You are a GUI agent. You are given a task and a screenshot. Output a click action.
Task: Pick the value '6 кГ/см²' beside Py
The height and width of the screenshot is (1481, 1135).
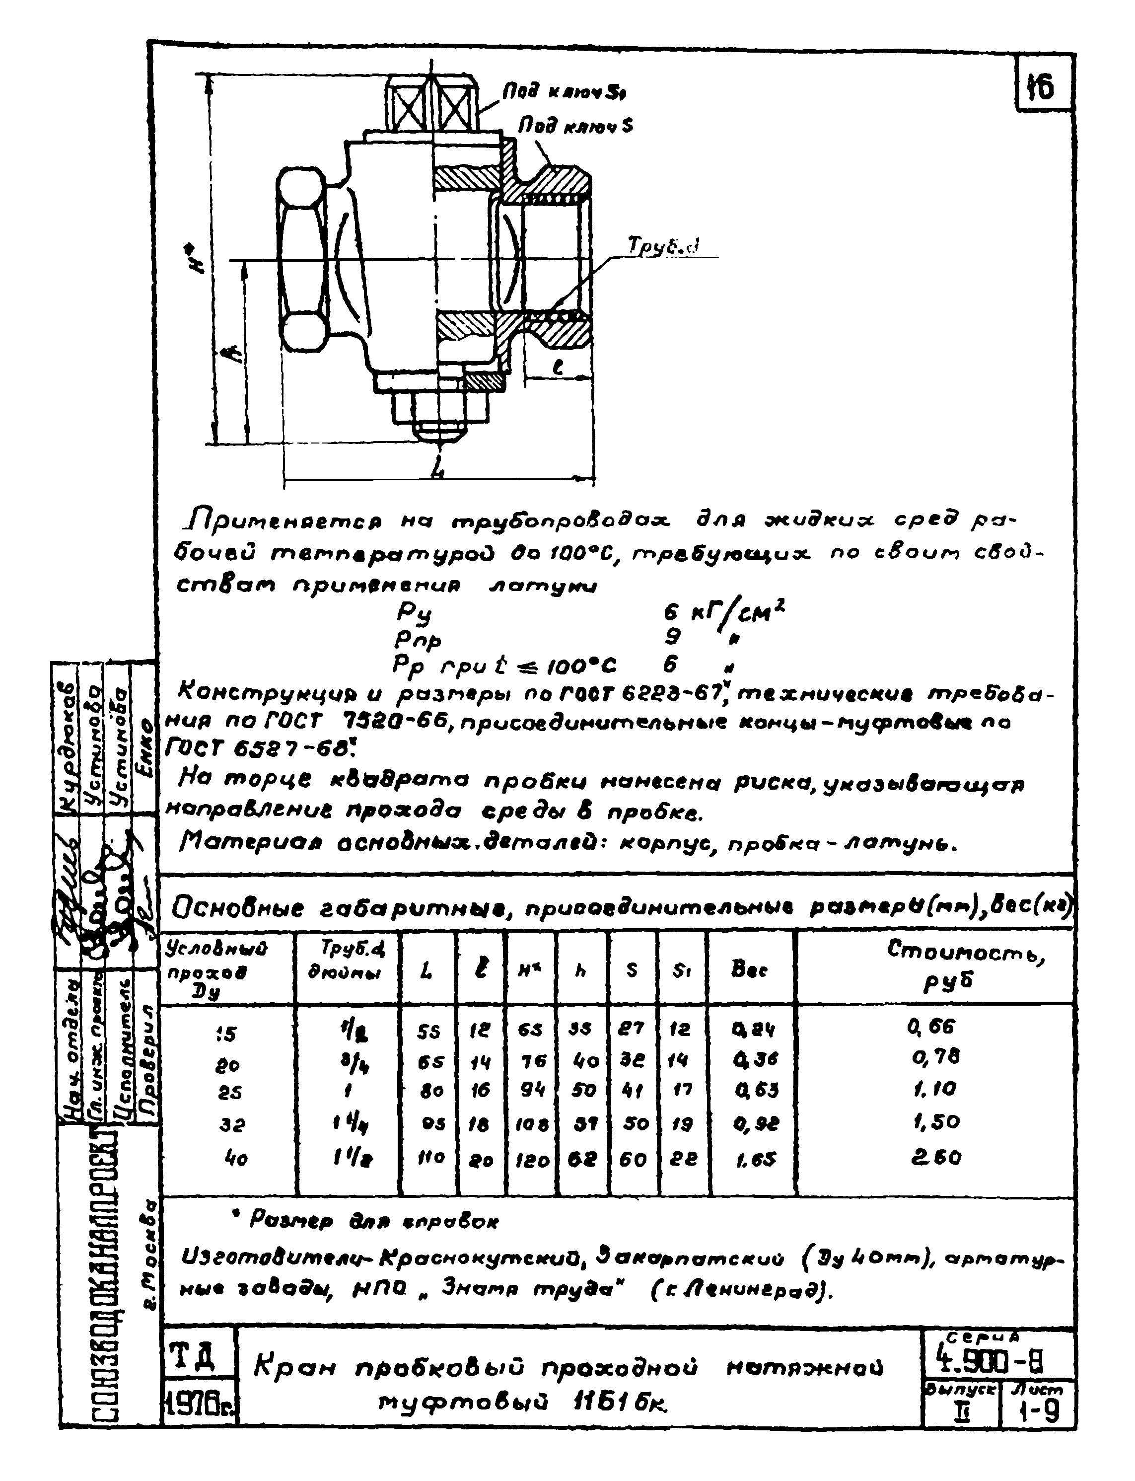coord(723,613)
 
